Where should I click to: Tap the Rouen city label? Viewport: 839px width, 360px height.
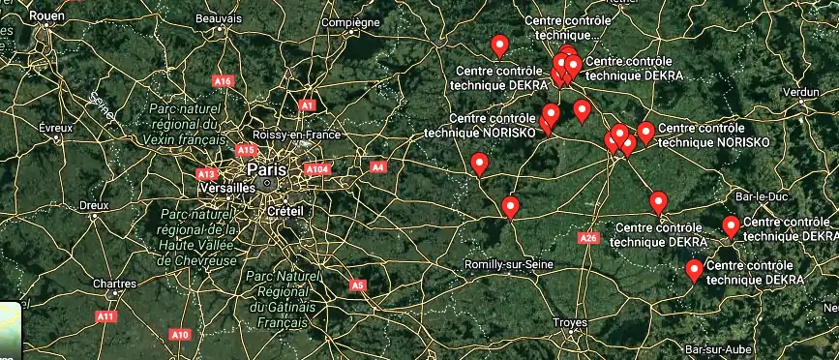pos(45,17)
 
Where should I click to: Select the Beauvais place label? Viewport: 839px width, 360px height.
pos(218,18)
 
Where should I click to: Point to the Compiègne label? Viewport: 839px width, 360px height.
pos(350,22)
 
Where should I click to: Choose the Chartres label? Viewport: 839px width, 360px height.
pos(113,285)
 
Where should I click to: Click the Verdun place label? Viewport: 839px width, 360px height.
pos(800,92)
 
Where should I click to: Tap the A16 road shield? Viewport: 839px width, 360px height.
pos(224,81)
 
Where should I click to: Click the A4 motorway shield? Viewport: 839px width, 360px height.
pos(378,167)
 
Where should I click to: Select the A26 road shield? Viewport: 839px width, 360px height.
pos(588,238)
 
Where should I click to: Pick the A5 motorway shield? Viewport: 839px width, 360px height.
pos(357,285)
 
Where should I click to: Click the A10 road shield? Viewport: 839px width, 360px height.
pos(180,335)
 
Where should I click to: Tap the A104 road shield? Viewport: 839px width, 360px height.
pos(317,169)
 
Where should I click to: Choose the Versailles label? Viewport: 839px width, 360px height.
pos(229,188)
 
